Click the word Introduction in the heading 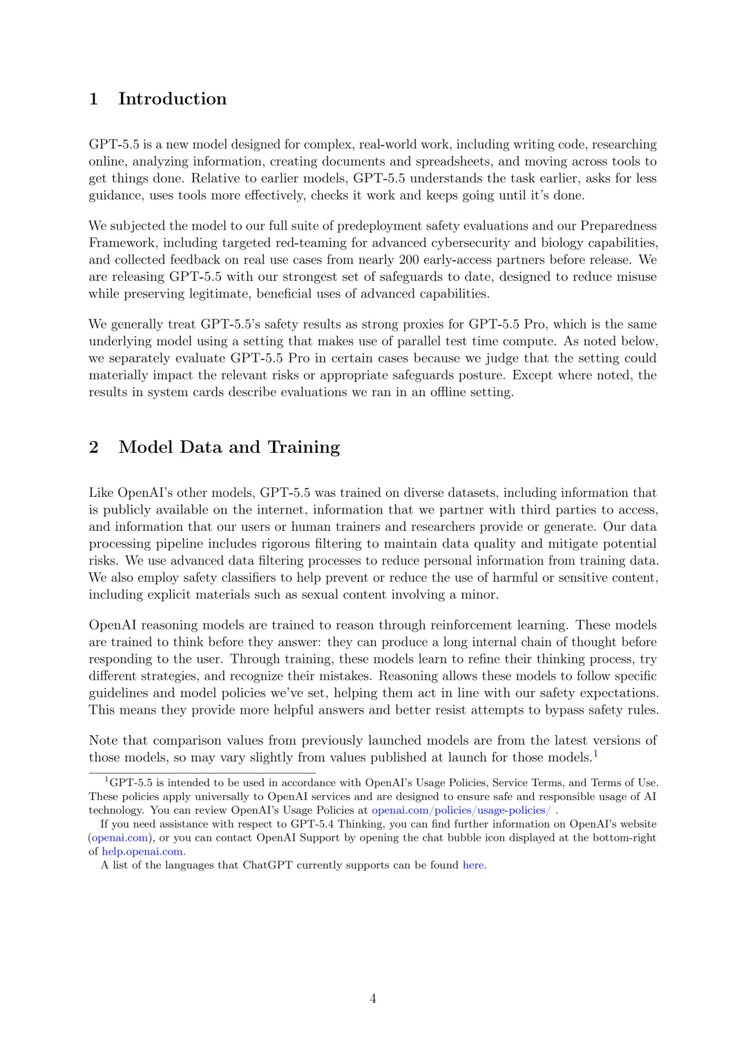(x=172, y=99)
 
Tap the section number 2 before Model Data (x=94, y=447)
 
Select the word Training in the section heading (x=304, y=447)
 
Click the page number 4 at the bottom (x=373, y=999)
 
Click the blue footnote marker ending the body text (x=595, y=754)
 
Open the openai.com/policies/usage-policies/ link (x=461, y=810)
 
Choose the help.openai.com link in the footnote (x=143, y=852)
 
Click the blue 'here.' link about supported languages (x=475, y=866)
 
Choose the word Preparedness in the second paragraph (x=618, y=226)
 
